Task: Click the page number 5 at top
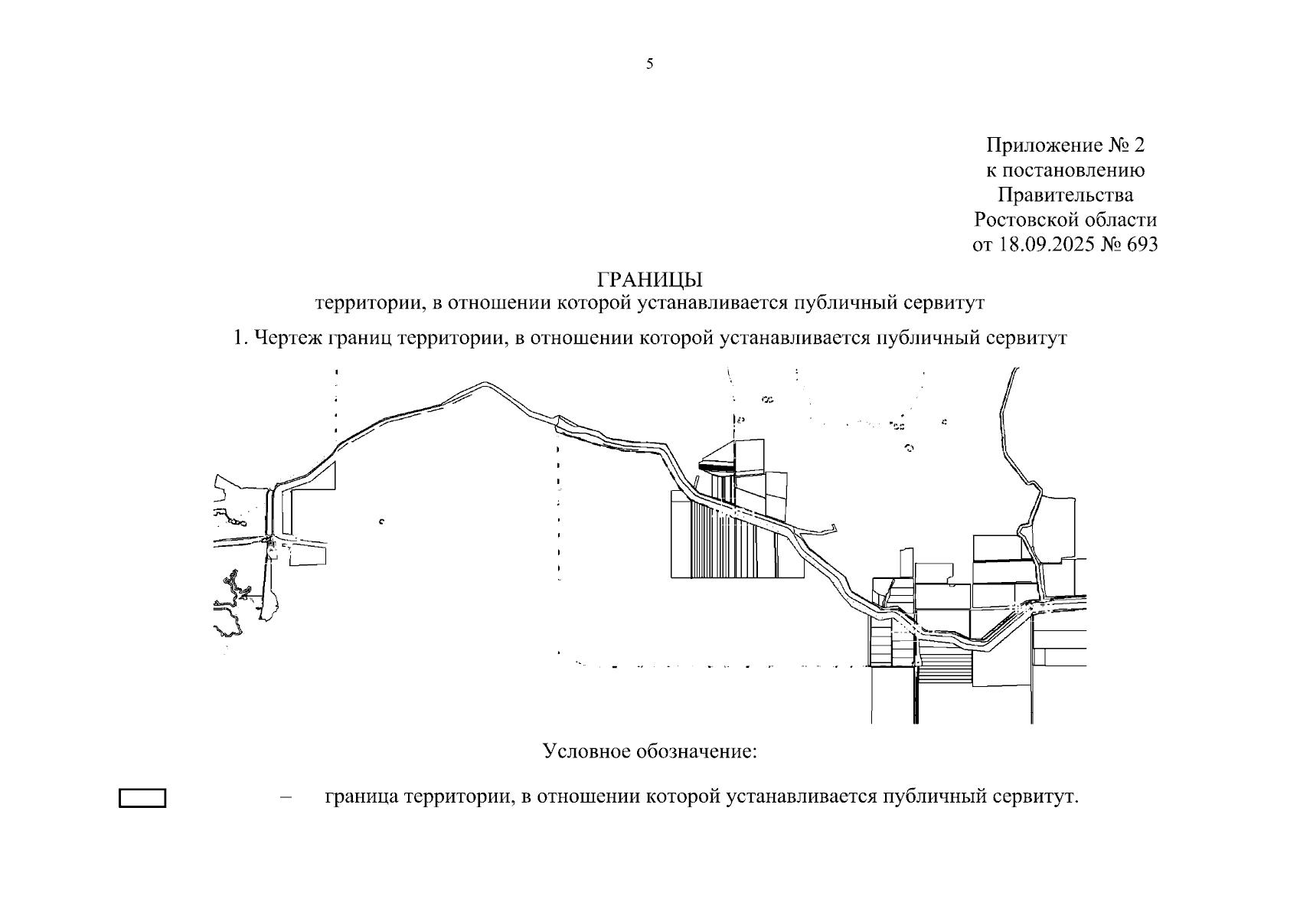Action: coord(649,64)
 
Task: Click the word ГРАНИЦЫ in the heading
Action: coord(649,280)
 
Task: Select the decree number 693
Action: coord(1142,244)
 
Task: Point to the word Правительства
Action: coord(1065,195)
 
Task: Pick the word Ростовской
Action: coord(1026,220)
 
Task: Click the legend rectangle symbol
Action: coord(142,798)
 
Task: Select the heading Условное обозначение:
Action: coord(649,751)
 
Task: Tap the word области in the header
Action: coord(1121,220)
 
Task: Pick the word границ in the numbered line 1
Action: coord(359,338)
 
